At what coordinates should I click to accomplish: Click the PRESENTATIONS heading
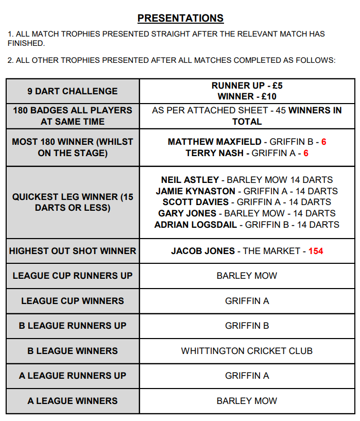click(180, 19)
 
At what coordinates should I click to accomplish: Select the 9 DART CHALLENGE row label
click(73, 91)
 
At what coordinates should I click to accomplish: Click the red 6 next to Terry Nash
click(306, 153)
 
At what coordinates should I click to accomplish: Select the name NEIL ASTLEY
click(190, 180)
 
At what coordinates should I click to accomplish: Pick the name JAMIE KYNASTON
click(195, 191)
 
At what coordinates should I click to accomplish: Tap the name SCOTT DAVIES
click(197, 202)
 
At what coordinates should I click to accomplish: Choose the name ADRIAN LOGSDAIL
click(196, 225)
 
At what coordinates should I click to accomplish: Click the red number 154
click(316, 251)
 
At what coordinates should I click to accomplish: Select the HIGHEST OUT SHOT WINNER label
click(73, 251)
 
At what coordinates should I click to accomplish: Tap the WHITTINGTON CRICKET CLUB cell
click(247, 351)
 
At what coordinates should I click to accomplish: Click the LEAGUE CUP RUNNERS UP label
click(73, 276)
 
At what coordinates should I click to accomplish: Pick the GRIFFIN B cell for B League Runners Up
click(247, 326)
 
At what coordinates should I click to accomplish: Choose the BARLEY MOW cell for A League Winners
click(247, 401)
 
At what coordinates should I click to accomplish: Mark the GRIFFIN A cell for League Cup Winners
click(247, 301)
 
